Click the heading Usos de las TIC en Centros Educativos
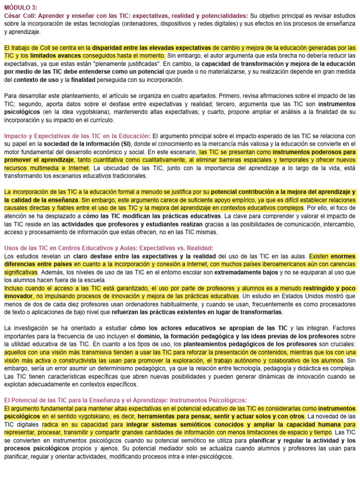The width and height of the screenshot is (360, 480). click(x=109, y=247)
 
